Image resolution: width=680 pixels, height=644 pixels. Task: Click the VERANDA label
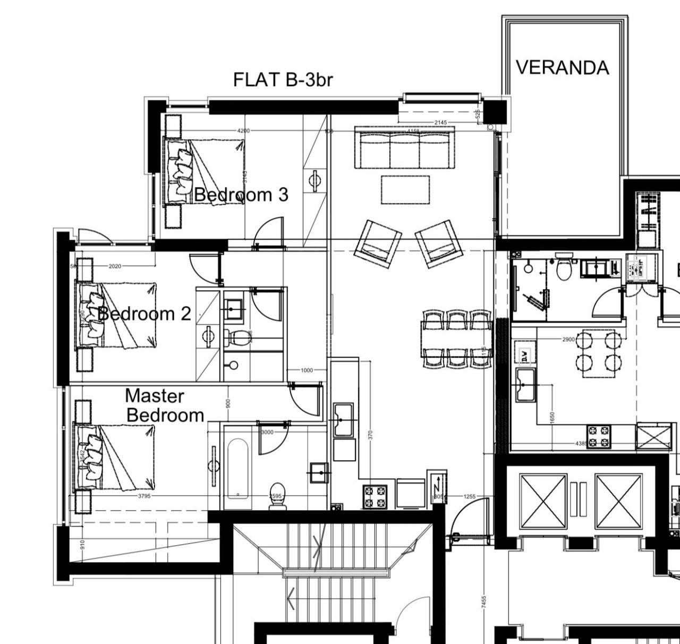click(x=562, y=68)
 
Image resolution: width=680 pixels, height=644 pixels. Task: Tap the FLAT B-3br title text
click(x=283, y=80)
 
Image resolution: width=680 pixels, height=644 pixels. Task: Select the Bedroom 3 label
click(x=241, y=195)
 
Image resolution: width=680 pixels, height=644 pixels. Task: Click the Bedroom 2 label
click(x=144, y=313)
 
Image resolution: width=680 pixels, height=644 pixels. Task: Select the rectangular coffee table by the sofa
click(x=405, y=190)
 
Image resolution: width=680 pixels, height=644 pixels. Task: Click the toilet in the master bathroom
click(x=278, y=496)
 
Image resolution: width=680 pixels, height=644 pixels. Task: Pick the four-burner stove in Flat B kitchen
click(x=375, y=496)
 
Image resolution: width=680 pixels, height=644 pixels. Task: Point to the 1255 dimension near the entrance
click(x=470, y=497)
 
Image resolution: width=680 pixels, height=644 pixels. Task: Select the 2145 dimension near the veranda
click(x=440, y=123)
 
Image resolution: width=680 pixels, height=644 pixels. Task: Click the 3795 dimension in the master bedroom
click(x=144, y=496)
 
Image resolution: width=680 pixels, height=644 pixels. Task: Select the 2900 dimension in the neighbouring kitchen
click(x=568, y=339)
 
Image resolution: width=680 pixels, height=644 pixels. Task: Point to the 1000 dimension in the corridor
click(x=307, y=370)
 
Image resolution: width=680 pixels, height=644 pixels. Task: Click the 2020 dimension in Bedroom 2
click(x=115, y=266)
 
